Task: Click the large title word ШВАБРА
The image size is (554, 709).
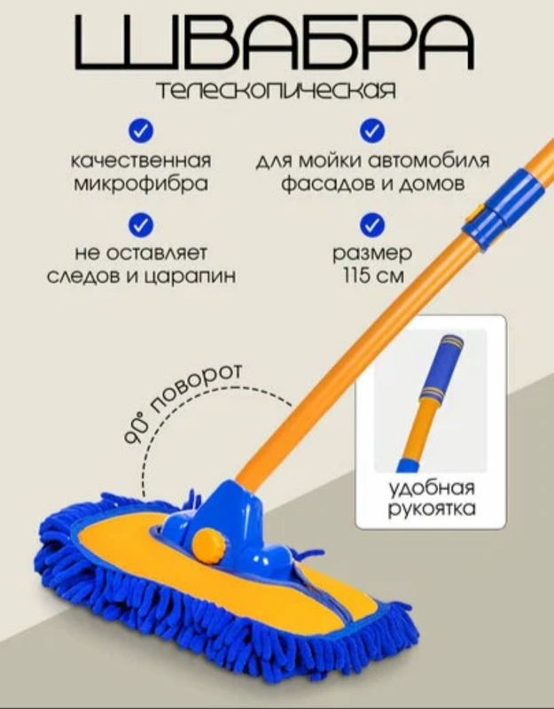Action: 275,42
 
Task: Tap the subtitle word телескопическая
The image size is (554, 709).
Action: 276,90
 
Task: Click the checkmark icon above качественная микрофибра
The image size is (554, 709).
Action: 141,130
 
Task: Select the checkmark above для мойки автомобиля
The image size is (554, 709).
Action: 371,130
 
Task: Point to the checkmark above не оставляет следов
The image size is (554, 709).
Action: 141,225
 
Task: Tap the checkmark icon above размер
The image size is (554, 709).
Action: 371,225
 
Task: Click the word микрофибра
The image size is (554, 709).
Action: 141,184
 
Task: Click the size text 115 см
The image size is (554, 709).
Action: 372,276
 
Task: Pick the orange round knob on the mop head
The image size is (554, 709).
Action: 208,546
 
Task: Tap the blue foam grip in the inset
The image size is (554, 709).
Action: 441,367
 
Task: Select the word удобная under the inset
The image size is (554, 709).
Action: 432,489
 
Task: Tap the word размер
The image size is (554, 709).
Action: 372,253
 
